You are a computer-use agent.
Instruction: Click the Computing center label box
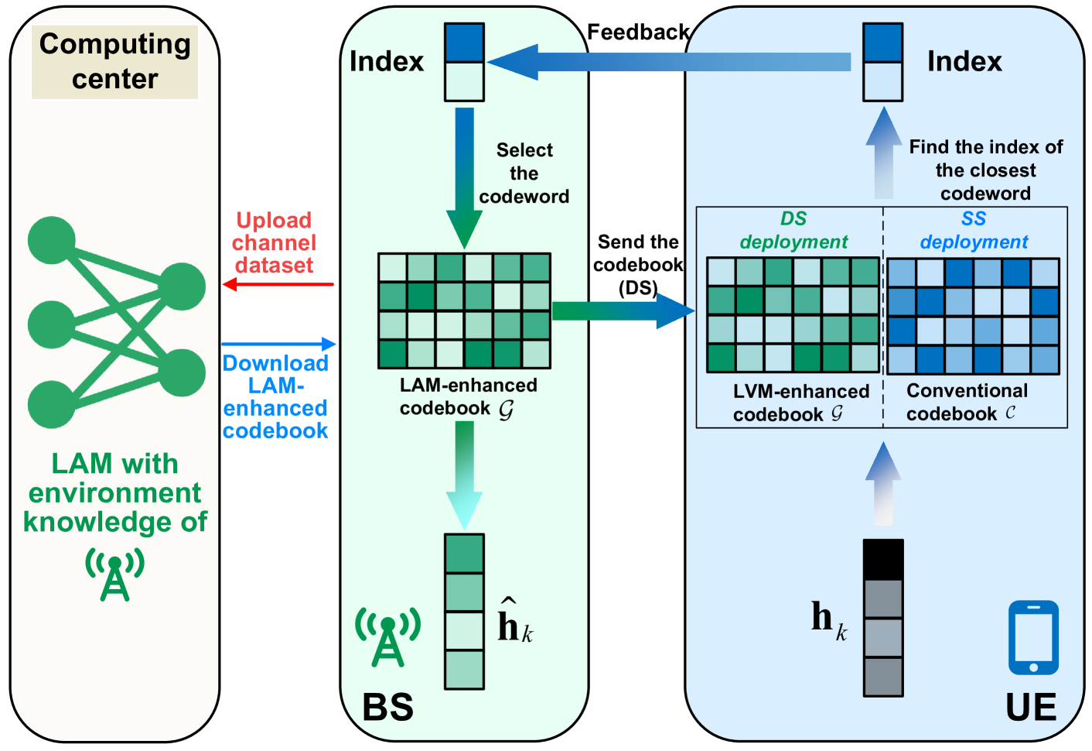pyautogui.click(x=114, y=61)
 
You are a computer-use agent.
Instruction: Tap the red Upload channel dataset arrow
pyautogui.click(x=278, y=285)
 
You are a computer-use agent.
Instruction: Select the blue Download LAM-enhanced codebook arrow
pyautogui.click(x=278, y=344)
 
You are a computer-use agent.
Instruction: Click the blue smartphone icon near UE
pyautogui.click(x=1033, y=638)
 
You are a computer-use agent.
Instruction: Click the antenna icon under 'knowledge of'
pyautogui.click(x=115, y=574)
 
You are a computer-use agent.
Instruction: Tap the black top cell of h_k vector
pyautogui.click(x=882, y=560)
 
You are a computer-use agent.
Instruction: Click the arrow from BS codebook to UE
pyautogui.click(x=623, y=311)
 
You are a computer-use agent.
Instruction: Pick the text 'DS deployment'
pyautogui.click(x=793, y=231)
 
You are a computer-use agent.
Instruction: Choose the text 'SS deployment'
pyautogui.click(x=974, y=231)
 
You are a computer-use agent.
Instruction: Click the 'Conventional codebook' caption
pyautogui.click(x=967, y=402)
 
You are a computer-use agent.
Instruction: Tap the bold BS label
pyautogui.click(x=388, y=707)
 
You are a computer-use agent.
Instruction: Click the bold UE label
pyautogui.click(x=1031, y=707)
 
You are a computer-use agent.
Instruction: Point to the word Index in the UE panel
pyautogui.click(x=964, y=62)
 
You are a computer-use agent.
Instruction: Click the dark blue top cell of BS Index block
pyautogui.click(x=464, y=43)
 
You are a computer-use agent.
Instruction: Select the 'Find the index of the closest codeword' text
pyautogui.click(x=985, y=170)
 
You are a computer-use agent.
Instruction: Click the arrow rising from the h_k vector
pyautogui.click(x=882, y=485)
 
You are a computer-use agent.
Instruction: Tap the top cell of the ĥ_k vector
pyautogui.click(x=464, y=554)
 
